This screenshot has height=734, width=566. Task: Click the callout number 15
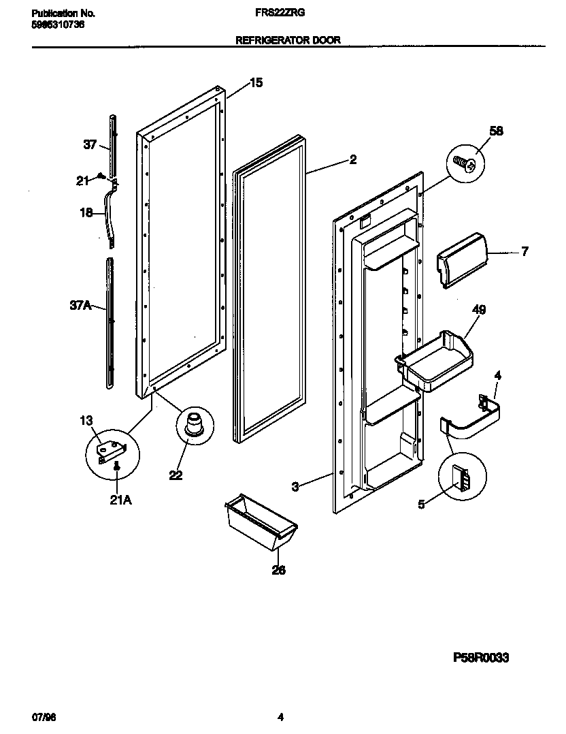coord(256,83)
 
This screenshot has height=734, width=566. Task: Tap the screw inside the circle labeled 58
coord(465,163)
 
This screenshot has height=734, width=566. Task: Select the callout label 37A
coord(80,306)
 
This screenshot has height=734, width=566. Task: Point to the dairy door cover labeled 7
coord(461,260)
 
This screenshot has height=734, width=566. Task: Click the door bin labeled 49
coord(435,362)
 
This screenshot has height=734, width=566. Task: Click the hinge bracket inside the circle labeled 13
coord(110,451)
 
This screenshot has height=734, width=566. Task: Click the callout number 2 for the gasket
coord(352,160)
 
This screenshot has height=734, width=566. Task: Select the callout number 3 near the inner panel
coord(295,486)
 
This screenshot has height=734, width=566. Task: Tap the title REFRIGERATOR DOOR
coord(288,40)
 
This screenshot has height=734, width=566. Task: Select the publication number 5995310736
coord(59,25)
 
